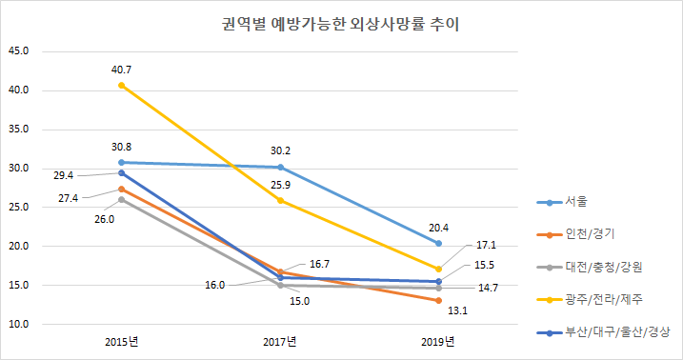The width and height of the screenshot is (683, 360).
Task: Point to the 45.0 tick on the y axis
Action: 18,51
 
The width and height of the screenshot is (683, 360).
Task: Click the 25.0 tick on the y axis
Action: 18,207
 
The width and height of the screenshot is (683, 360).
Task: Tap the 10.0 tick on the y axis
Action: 18,324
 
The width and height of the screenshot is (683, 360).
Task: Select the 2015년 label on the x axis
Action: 121,342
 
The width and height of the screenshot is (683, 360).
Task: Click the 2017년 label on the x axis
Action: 280,342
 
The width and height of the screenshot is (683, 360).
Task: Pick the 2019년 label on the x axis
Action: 438,342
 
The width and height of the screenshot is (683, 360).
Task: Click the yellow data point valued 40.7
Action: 121,86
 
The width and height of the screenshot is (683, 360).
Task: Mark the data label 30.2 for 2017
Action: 279,149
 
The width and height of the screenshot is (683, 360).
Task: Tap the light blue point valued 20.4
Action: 438,243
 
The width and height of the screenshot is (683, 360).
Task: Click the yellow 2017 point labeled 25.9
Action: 280,200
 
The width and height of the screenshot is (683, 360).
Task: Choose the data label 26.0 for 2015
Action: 104,219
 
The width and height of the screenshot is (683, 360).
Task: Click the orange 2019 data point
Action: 438,300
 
